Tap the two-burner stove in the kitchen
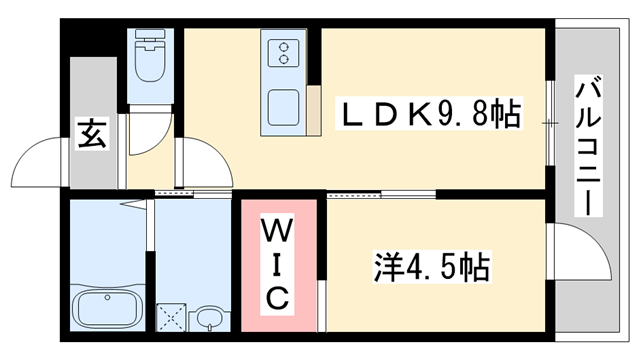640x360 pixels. click(282, 52)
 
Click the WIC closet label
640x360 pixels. click(278, 265)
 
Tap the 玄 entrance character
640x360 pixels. click(92, 134)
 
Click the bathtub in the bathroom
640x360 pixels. click(106, 311)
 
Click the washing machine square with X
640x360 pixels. click(171, 319)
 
